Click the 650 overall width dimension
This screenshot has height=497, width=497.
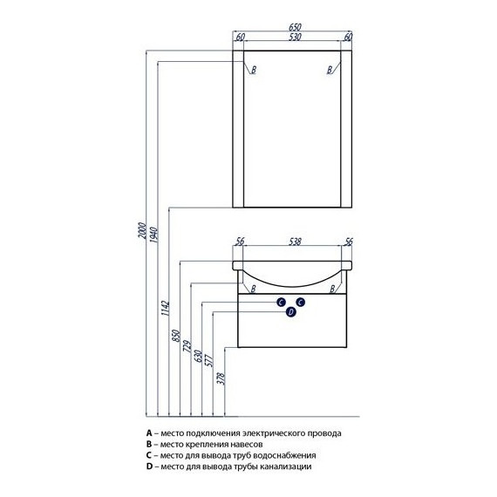295,27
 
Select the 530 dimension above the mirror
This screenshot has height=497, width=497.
295,37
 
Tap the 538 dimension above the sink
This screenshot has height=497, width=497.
295,242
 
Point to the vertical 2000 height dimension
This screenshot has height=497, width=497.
143,230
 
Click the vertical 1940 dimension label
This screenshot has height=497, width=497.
153,235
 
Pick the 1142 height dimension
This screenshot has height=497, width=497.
166,308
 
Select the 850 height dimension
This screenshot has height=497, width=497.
176,336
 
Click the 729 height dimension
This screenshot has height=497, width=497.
187,346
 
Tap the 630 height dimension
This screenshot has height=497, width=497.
198,357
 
